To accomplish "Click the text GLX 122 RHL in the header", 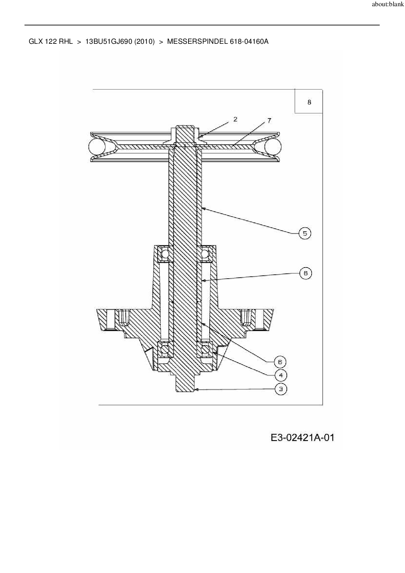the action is tap(51, 42).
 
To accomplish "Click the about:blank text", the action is tap(388, 5).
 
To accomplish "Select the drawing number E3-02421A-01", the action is tap(302, 437).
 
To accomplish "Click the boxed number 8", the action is tap(309, 102).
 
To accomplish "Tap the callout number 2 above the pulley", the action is tap(235, 119).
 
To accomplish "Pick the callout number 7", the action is tap(269, 121).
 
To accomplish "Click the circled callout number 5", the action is tap(305, 233).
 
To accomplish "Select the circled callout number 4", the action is tap(281, 375).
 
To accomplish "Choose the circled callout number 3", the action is tap(281, 389).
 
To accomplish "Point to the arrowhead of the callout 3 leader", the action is tap(196, 389).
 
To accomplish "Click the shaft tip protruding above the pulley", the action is tap(185, 129).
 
